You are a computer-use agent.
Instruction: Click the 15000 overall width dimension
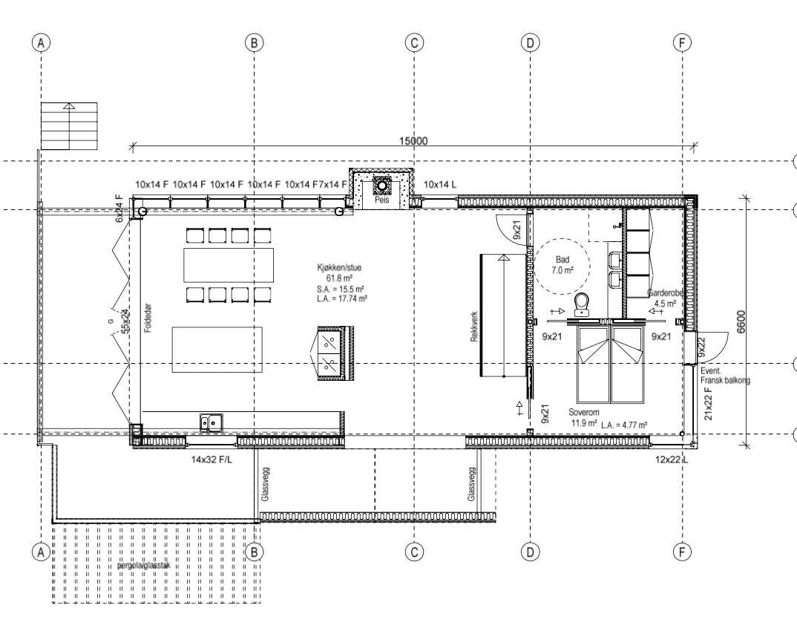tap(414, 141)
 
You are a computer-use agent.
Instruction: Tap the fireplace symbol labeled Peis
tap(383, 189)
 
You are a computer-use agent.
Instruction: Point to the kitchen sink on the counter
tap(212, 422)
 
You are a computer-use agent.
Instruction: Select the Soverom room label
tap(584, 411)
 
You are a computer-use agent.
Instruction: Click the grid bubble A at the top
tap(42, 43)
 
